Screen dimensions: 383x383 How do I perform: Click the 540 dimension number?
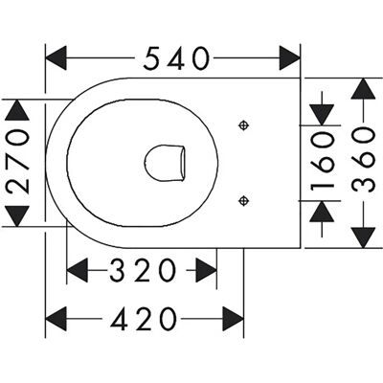tap(176, 58)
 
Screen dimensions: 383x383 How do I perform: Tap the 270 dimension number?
tap(18, 162)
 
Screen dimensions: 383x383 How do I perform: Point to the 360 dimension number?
tap(363, 160)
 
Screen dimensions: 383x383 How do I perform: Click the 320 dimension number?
tap(143, 270)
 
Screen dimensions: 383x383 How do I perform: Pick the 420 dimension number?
tap(144, 319)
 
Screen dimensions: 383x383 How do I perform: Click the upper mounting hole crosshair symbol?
tap(244, 125)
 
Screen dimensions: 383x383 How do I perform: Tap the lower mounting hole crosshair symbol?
tap(244, 201)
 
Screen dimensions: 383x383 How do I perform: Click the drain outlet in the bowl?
tap(165, 163)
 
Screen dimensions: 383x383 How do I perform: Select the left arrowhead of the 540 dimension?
tap(56, 57)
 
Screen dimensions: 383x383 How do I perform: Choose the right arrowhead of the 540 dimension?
tap(290, 57)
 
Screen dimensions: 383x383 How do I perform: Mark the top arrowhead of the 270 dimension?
tap(17, 110)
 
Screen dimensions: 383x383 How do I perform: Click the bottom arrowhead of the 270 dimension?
tap(17, 216)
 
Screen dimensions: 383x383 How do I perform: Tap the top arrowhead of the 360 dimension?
tap(363, 89)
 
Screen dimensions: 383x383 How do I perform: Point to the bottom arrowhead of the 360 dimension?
tap(363, 237)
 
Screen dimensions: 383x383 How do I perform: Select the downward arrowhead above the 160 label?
tap(322, 115)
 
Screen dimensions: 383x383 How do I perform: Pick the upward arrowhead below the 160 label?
tap(322, 212)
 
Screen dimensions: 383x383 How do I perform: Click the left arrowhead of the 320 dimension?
tap(78, 270)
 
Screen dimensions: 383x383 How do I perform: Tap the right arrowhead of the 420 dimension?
tap(233, 319)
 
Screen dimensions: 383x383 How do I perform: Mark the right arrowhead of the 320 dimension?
tap(206, 270)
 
